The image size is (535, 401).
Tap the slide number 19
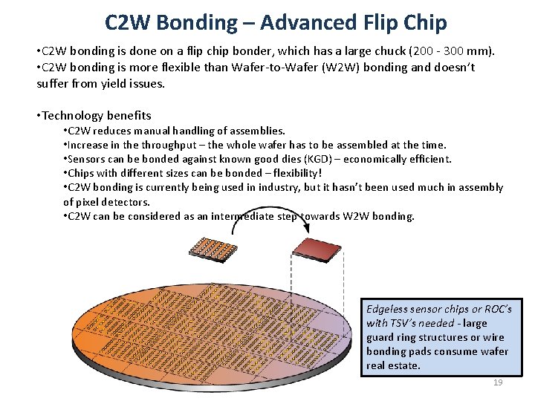[498, 382]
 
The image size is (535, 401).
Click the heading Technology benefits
[97, 115]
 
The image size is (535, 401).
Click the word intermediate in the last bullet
[228, 216]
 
